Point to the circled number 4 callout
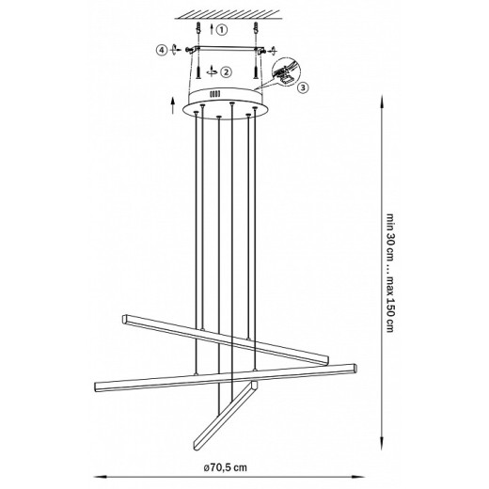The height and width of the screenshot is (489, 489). click(161, 49)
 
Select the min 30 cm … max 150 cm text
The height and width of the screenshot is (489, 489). click(389, 273)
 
